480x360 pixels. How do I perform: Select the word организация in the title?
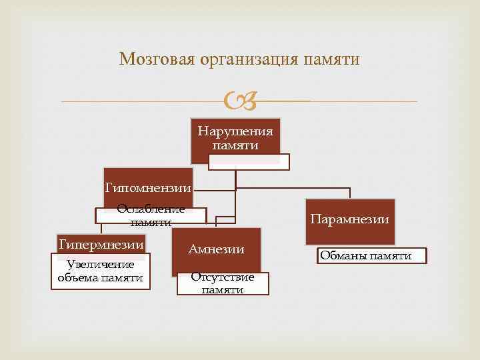247,59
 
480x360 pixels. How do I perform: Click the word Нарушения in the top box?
235,131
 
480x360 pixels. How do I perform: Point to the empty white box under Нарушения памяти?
249,161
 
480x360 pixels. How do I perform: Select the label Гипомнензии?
148,189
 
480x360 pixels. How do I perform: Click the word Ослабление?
151,209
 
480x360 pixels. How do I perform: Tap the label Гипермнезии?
101,245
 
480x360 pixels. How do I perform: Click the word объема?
77,277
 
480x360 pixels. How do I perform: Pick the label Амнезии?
216,249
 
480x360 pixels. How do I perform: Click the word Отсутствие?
223,277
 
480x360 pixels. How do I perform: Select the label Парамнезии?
350,219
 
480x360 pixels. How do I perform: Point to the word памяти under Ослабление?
151,222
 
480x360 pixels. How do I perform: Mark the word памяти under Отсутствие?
223,290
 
